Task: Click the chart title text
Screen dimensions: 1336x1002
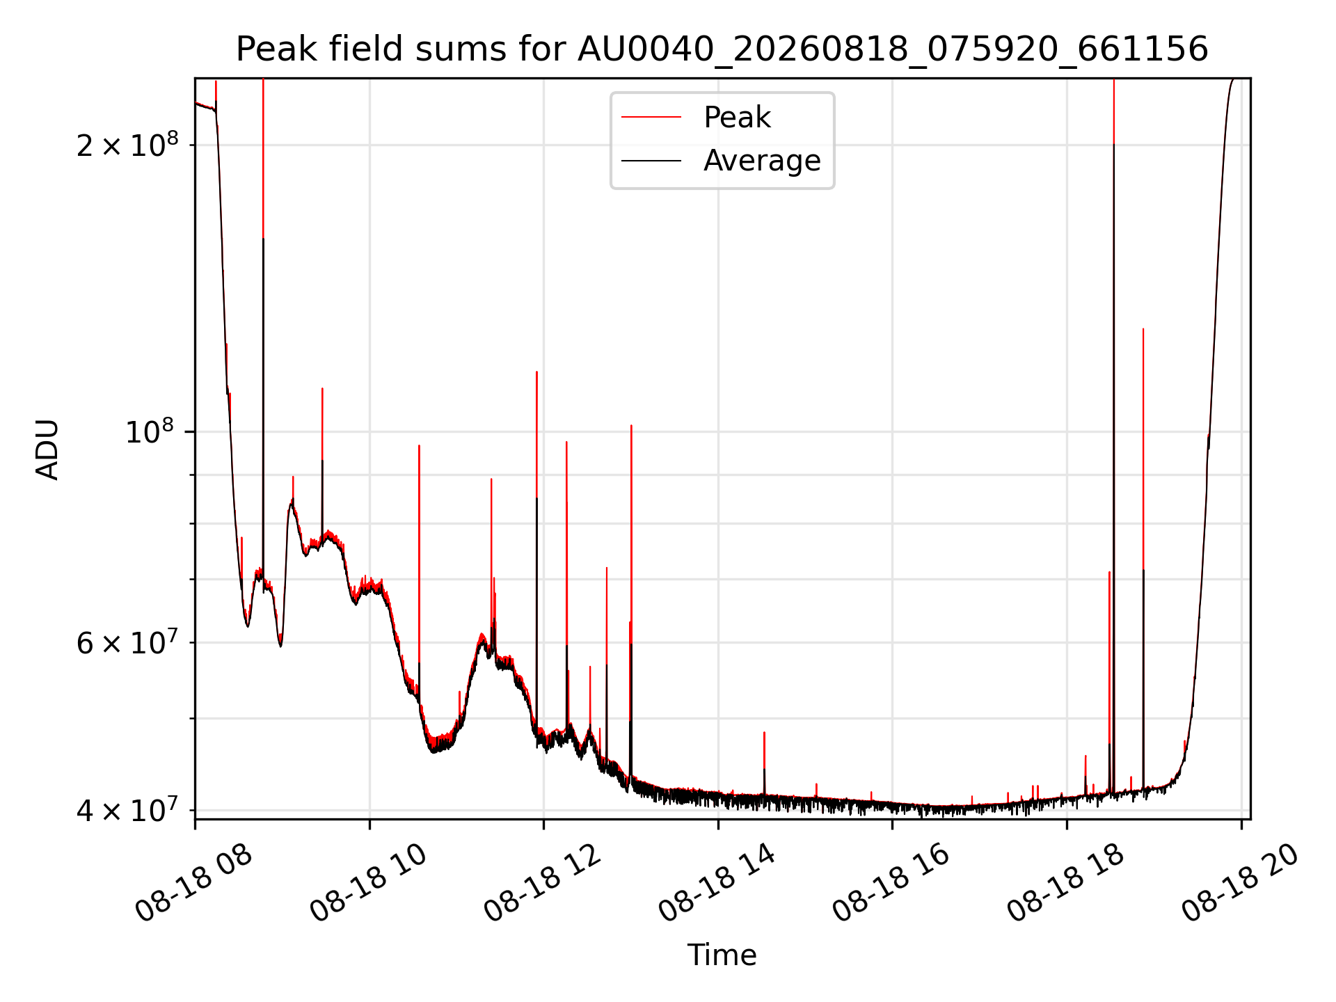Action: pos(722,49)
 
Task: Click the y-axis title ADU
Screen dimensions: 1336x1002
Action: pos(47,450)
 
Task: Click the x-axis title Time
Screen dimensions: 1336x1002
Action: pos(722,955)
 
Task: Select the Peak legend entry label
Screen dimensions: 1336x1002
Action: pos(737,118)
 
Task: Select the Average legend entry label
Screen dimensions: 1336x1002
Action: pos(762,161)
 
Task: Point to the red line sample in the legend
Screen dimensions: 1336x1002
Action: pos(651,118)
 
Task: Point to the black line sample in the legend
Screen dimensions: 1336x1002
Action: pos(651,161)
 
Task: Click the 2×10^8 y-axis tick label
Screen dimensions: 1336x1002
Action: pos(127,145)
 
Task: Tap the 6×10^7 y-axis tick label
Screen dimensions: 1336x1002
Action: pos(127,642)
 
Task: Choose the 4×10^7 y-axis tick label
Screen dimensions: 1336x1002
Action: pos(127,810)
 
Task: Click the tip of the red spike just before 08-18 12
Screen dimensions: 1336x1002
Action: pos(536,372)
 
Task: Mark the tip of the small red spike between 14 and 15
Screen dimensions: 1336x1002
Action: pos(764,732)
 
